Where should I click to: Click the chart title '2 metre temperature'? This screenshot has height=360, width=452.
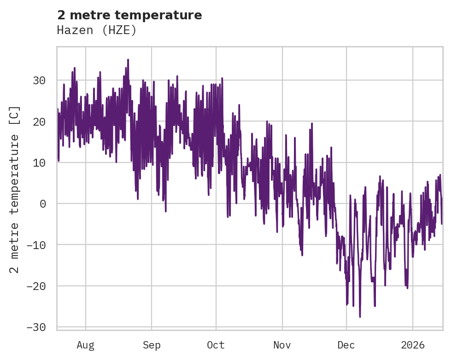coord(129,15)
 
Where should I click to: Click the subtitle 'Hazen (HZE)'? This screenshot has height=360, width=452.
coord(97,30)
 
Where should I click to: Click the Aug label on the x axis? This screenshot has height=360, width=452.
coord(85,345)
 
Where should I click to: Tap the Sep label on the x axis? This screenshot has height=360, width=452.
coord(151,345)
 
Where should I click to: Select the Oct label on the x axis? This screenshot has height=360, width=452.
coord(216,345)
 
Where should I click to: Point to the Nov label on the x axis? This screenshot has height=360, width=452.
coord(282,345)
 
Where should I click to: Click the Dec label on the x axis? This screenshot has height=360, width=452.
coord(346,345)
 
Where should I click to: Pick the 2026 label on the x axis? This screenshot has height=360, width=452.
coord(413,345)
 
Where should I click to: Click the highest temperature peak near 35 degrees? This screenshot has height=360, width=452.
coord(128,60)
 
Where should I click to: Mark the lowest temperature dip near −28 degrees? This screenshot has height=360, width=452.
coord(360,317)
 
